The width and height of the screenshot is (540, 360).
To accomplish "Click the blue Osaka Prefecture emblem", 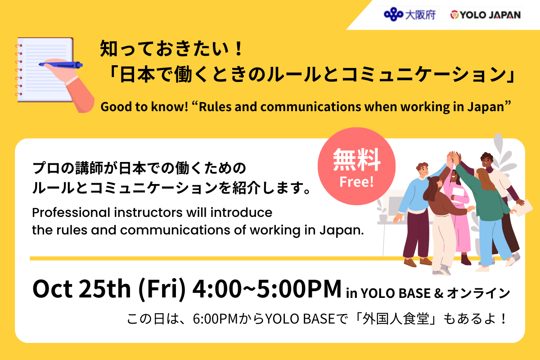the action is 393,14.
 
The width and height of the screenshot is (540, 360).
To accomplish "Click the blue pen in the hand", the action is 61,65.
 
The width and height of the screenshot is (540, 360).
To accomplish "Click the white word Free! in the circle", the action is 356,182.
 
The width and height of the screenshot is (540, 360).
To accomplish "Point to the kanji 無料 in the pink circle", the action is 356,160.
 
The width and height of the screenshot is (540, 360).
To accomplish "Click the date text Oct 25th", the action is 81,289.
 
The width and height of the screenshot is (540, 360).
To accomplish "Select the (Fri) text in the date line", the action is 162,289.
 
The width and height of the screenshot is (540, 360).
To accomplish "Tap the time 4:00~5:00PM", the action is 267,288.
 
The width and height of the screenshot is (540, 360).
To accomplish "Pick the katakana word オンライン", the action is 478,293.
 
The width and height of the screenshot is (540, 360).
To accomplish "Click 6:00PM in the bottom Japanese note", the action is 216,319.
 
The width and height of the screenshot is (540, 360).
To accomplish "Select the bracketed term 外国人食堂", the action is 396,319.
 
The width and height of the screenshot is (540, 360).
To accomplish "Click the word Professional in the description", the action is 71,213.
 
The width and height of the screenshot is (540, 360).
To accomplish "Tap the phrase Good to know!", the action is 144,107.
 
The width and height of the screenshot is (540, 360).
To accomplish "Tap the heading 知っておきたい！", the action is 171,49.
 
